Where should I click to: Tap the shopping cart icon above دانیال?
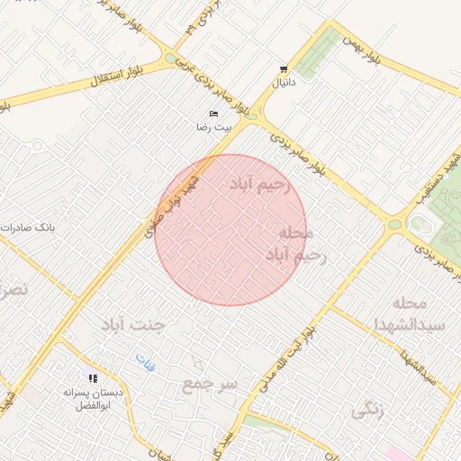(285, 68)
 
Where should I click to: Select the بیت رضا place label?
(214, 127)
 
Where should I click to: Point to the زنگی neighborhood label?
(366, 410)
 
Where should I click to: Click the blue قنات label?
(145, 363)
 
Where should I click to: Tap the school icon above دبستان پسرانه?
(92, 378)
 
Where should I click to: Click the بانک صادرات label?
(28, 228)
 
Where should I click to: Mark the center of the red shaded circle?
(230, 230)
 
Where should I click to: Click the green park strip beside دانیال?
(318, 54)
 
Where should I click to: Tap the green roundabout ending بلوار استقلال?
(171, 59)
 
